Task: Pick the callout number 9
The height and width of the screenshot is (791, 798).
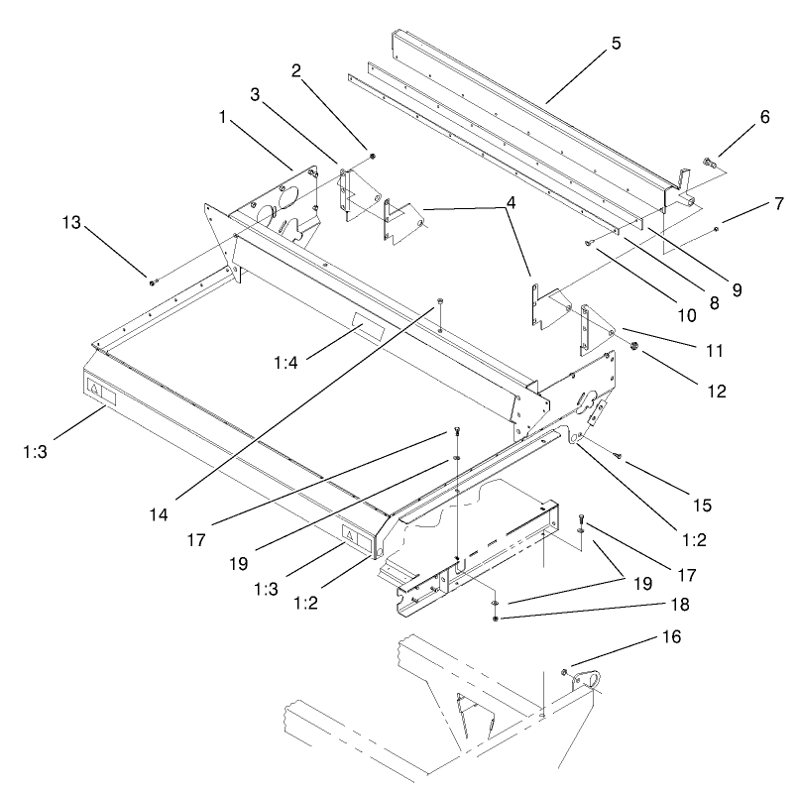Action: coord(736,290)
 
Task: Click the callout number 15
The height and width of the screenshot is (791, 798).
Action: coord(702,506)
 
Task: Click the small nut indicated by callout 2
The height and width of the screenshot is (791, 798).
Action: coord(372,156)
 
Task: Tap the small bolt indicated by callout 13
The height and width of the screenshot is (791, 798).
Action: coord(152,282)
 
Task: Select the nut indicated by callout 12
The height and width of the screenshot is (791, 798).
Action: coord(632,346)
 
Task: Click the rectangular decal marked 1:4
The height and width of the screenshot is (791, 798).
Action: coord(363,327)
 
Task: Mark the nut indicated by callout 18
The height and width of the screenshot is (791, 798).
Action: coord(494,620)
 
